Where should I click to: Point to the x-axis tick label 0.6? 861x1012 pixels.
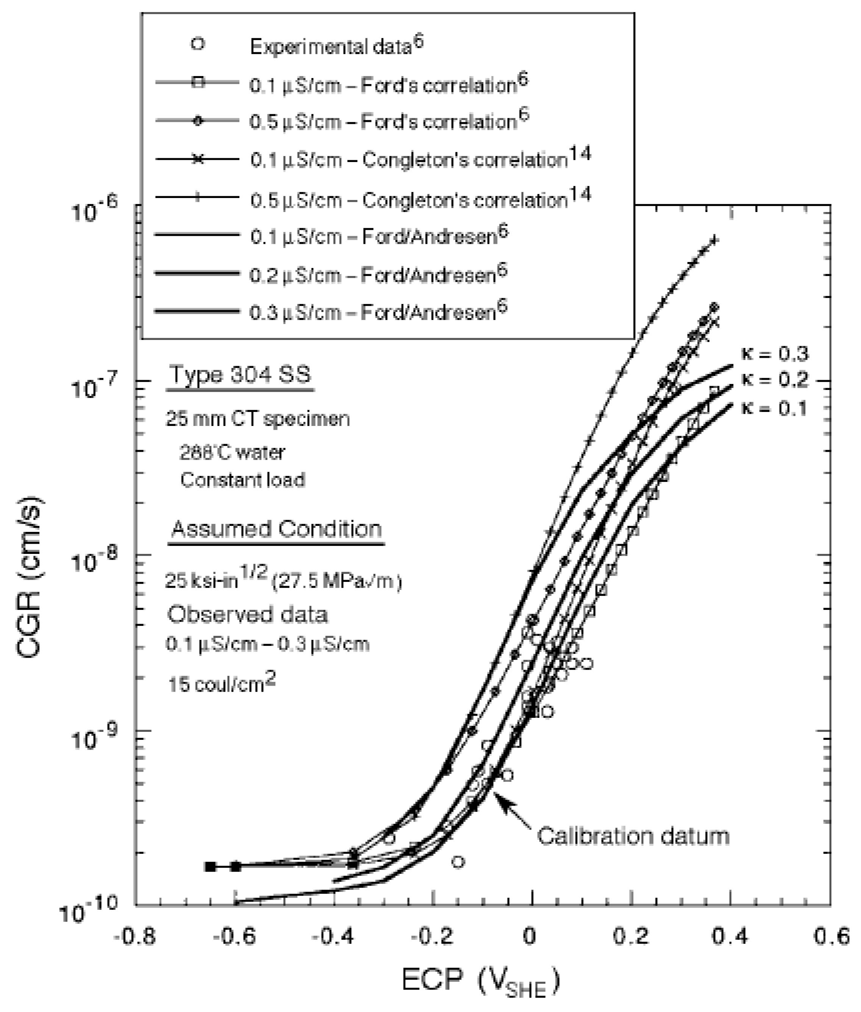coord(830,938)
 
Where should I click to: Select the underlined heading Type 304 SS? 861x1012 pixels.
coord(240,374)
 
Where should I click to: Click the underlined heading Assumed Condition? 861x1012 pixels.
coord(277,529)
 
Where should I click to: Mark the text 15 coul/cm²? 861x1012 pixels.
coord(222,684)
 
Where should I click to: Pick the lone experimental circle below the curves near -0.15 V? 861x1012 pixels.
coord(457,862)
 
